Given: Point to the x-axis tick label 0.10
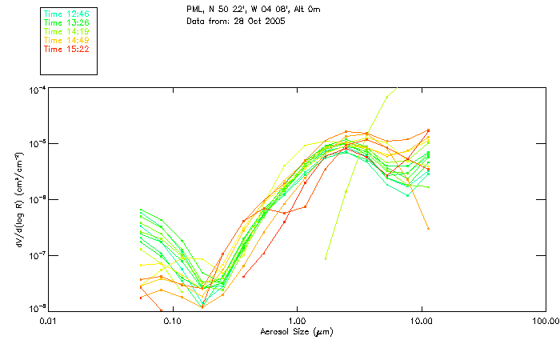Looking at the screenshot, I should tap(172, 321).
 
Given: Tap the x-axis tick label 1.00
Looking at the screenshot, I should tap(297, 321).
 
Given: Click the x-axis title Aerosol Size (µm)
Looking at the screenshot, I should tap(296, 331).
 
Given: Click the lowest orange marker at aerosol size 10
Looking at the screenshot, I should tap(429, 229).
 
